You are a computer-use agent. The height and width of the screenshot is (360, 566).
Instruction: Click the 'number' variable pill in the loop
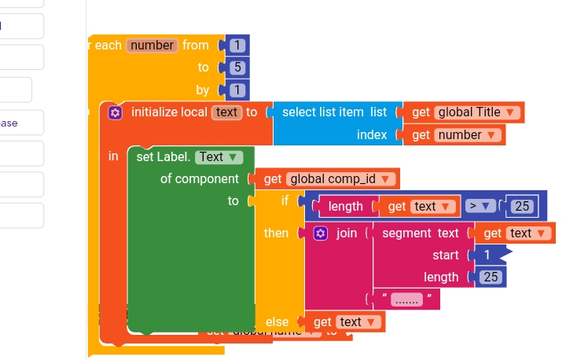tap(152, 45)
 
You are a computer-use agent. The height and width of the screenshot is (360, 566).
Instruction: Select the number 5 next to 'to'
tap(237, 67)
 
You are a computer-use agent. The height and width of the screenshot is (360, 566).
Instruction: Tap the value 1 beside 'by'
tap(237, 90)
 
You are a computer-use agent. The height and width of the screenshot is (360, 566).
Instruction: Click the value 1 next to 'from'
tap(237, 45)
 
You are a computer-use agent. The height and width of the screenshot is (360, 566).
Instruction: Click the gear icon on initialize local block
tap(116, 112)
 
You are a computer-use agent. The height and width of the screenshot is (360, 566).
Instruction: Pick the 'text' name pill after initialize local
tap(226, 112)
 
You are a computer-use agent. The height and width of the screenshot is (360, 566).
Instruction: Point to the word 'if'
tap(285, 201)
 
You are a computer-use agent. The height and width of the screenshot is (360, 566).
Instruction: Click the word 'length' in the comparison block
tap(345, 206)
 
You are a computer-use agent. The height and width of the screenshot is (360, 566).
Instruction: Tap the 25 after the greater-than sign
tap(520, 206)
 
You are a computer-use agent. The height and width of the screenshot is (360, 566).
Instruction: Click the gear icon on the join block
tap(320, 233)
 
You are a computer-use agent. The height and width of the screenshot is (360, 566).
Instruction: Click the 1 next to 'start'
tap(487, 255)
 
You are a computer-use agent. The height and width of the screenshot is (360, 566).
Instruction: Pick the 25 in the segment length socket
tap(491, 277)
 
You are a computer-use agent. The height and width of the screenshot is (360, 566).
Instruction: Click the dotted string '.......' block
tap(407, 299)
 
